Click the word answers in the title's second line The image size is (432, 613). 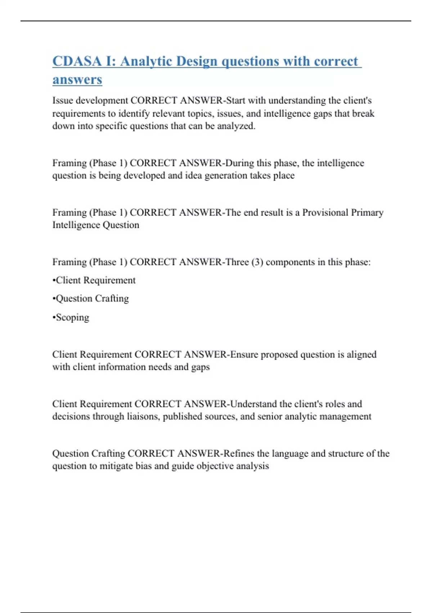[77, 80]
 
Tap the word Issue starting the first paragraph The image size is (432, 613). [63, 100]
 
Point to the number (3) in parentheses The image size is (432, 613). [257, 262]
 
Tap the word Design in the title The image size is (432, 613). [197, 61]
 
